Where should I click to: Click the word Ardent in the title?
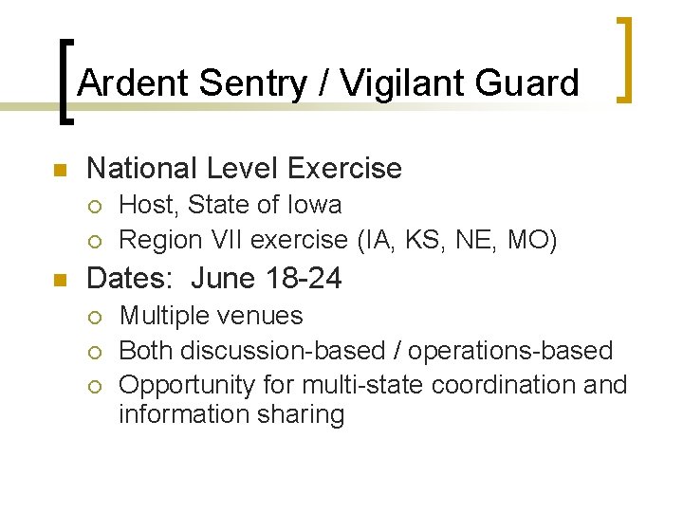(134, 83)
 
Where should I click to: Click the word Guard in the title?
(529, 83)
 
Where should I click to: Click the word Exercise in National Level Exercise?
(344, 169)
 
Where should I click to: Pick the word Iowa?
(315, 205)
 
